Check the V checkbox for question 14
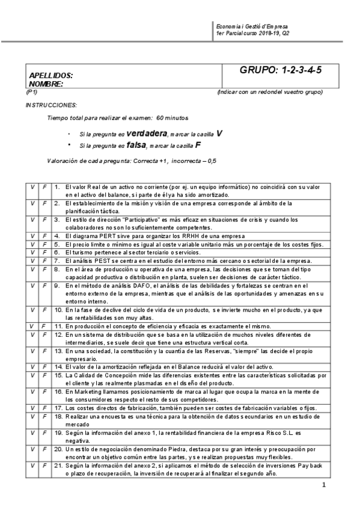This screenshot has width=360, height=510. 32,366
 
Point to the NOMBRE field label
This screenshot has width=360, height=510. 46,84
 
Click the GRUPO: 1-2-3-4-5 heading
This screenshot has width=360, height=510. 281,70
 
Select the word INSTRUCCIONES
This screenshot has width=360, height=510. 51,105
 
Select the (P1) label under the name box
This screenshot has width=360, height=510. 32,92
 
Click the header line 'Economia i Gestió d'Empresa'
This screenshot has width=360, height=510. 252,28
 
